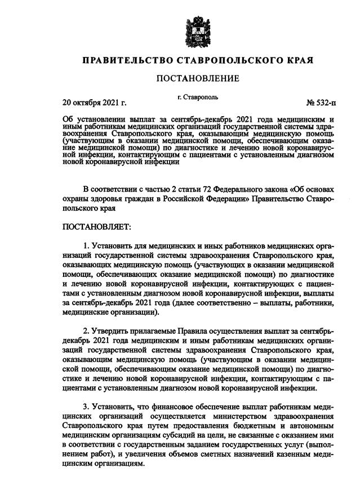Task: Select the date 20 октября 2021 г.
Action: coord(94,103)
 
